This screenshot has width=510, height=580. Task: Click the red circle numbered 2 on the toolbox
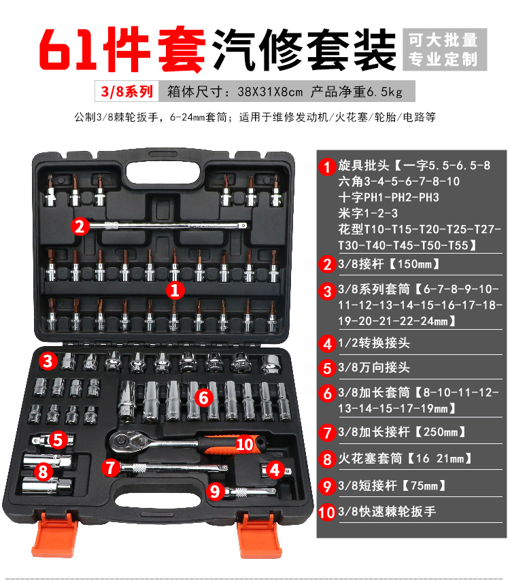(x=80, y=226)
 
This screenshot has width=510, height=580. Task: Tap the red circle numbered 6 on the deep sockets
(x=204, y=398)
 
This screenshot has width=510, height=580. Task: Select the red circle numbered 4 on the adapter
(x=275, y=470)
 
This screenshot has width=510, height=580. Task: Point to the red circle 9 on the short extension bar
(x=216, y=492)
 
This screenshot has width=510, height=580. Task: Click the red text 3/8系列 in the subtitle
(x=127, y=91)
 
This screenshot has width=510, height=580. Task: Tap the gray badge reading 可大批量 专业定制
(x=445, y=49)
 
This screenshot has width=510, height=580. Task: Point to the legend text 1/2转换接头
(x=374, y=343)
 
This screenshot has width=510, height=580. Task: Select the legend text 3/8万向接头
(x=374, y=368)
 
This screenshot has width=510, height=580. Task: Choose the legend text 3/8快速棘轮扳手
(x=387, y=511)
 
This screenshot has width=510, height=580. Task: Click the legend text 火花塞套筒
(x=370, y=459)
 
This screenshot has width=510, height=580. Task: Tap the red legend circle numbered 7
(x=327, y=432)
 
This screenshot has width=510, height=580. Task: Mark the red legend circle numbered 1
(x=327, y=167)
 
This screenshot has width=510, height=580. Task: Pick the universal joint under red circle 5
(x=52, y=440)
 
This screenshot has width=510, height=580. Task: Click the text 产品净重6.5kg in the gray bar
(x=356, y=91)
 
